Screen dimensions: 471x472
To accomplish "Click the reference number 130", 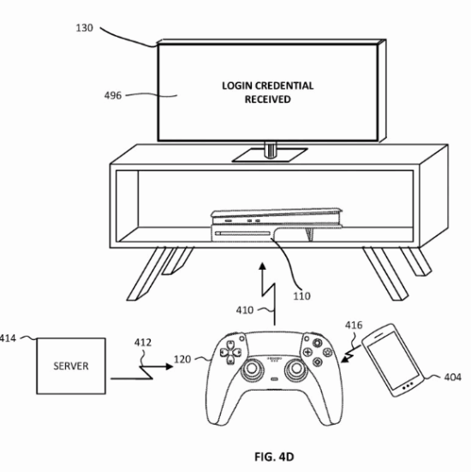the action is (84, 28).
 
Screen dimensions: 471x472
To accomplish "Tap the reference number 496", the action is (113, 96).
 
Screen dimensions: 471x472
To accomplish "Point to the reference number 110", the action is (301, 296).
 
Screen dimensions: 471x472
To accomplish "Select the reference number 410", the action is (245, 310).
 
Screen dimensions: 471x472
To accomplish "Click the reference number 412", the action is (143, 343).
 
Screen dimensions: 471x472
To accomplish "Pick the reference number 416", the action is (354, 326).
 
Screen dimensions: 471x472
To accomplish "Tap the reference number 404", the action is (453, 377).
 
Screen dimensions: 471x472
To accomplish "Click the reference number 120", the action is (182, 360).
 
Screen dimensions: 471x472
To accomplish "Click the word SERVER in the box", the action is (71, 366).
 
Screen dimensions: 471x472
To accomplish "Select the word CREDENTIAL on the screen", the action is (285, 86).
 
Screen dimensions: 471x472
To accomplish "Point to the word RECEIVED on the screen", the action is (267, 99).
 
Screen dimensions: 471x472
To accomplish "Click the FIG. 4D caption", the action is (274, 457).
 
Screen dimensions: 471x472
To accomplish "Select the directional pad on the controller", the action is (230, 352).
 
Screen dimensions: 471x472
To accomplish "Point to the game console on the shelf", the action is (277, 224).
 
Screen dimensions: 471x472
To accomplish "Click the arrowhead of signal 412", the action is (170, 367).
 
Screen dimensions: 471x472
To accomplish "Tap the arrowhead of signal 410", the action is (263, 266).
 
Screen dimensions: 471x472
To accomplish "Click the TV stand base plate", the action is (270, 155).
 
